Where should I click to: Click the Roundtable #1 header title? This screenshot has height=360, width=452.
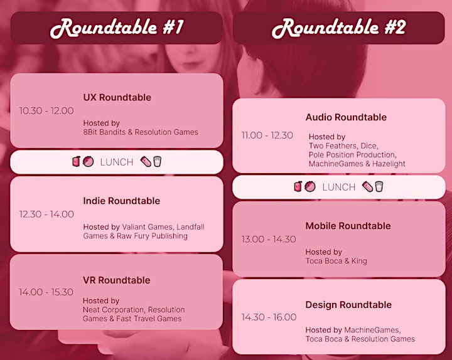tap(117, 28)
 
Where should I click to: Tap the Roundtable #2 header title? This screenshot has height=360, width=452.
tap(339, 28)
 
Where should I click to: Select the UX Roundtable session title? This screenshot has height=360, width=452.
tap(117, 97)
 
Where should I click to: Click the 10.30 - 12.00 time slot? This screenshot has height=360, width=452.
tap(46, 110)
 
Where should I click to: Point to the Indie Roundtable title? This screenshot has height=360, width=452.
tap(121, 201)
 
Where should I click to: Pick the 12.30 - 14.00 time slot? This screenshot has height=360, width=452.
tap(46, 214)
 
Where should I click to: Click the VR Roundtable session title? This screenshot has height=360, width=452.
tap(117, 280)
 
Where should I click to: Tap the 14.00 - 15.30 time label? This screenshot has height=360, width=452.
tap(46, 292)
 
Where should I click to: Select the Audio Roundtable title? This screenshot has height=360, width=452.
tap(346, 117)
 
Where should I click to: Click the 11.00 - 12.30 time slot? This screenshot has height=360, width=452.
tap(267, 135)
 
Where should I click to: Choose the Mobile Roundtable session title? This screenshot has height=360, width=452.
tap(348, 226)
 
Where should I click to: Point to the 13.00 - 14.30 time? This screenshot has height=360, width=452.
tap(269, 240)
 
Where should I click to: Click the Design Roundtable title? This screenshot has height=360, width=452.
tap(348, 305)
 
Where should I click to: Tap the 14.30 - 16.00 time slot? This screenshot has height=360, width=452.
tap(269, 317)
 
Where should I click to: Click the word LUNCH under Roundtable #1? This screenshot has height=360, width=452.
tap(117, 162)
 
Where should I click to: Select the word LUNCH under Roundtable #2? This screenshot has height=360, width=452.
tap(339, 187)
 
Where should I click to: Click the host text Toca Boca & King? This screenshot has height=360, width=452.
tap(336, 261)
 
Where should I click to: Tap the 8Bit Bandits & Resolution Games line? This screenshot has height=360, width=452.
tap(141, 132)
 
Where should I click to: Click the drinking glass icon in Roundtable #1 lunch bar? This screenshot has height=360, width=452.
tap(157, 162)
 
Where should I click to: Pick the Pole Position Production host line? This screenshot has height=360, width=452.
tap(353, 155)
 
